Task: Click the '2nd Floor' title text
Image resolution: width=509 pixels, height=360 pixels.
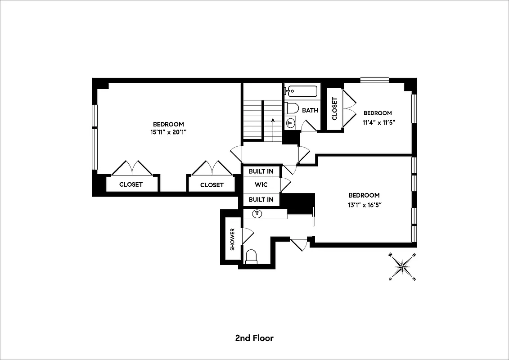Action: [x=254, y=338]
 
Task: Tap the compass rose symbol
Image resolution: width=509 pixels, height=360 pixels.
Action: [x=402, y=267]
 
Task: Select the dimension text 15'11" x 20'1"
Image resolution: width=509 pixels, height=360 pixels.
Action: [x=168, y=132]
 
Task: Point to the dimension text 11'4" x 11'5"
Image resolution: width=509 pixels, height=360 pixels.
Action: [x=377, y=121]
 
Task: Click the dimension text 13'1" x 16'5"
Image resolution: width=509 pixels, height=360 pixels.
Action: [x=364, y=204]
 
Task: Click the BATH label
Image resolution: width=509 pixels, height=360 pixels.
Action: [x=310, y=110]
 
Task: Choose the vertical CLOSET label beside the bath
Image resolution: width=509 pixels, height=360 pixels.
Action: [x=334, y=109]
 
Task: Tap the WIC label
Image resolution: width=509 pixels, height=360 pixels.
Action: [x=261, y=184]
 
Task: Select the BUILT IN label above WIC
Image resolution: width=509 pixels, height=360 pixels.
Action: [x=261, y=171]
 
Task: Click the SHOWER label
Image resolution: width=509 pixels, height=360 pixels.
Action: [x=233, y=239]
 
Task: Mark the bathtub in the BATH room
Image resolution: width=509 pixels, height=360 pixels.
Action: [x=301, y=92]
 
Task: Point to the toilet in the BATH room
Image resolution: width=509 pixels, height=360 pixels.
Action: [x=292, y=108]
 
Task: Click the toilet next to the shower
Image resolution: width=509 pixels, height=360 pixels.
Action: [x=251, y=256]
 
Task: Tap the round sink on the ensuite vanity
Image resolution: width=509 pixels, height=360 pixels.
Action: [x=258, y=214]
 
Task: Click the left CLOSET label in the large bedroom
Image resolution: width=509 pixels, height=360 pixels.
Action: [x=131, y=184]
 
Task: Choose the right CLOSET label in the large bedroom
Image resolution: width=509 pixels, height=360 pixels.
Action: [x=212, y=184]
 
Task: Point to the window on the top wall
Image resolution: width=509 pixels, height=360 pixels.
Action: [x=374, y=81]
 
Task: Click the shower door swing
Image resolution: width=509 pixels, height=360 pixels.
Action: [x=248, y=234]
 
